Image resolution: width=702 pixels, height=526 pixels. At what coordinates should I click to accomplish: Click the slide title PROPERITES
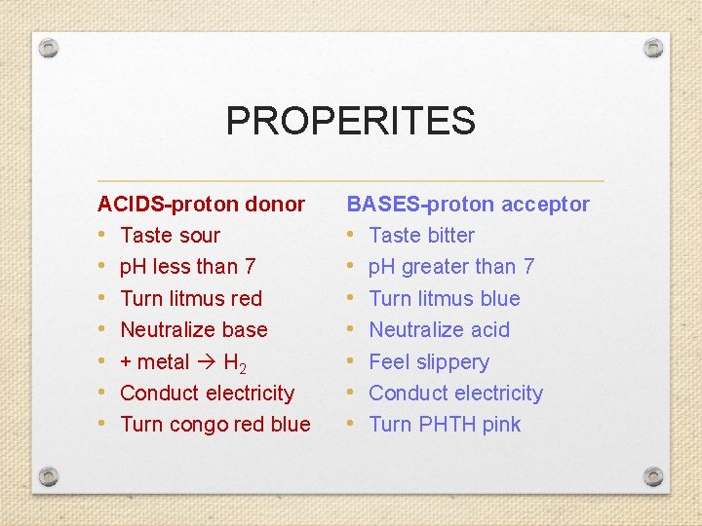click(350, 121)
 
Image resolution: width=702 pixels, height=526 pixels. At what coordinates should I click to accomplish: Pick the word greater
click(437, 267)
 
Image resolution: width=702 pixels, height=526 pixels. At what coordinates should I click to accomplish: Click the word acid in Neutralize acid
click(489, 330)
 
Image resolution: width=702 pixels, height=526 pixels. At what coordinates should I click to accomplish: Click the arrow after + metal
click(207, 362)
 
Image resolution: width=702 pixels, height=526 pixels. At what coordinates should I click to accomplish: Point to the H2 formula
click(235, 363)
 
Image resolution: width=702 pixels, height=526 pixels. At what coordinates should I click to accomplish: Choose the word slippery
click(450, 362)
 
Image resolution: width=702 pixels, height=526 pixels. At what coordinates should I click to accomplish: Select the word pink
click(501, 425)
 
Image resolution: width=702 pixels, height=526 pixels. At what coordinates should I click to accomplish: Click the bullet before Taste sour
click(102, 236)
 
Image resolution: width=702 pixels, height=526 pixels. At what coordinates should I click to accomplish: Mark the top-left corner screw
click(50, 48)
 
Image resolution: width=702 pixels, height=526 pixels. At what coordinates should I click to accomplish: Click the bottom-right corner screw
click(653, 476)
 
